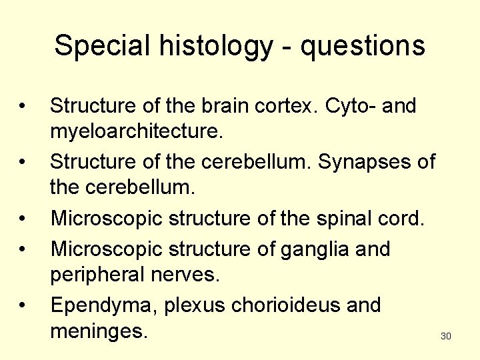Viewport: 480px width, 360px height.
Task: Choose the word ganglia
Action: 311,249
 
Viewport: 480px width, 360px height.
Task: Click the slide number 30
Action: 446,337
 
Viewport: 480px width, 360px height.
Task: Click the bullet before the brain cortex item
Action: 23,105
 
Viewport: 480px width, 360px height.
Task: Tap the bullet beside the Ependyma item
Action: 23,305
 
